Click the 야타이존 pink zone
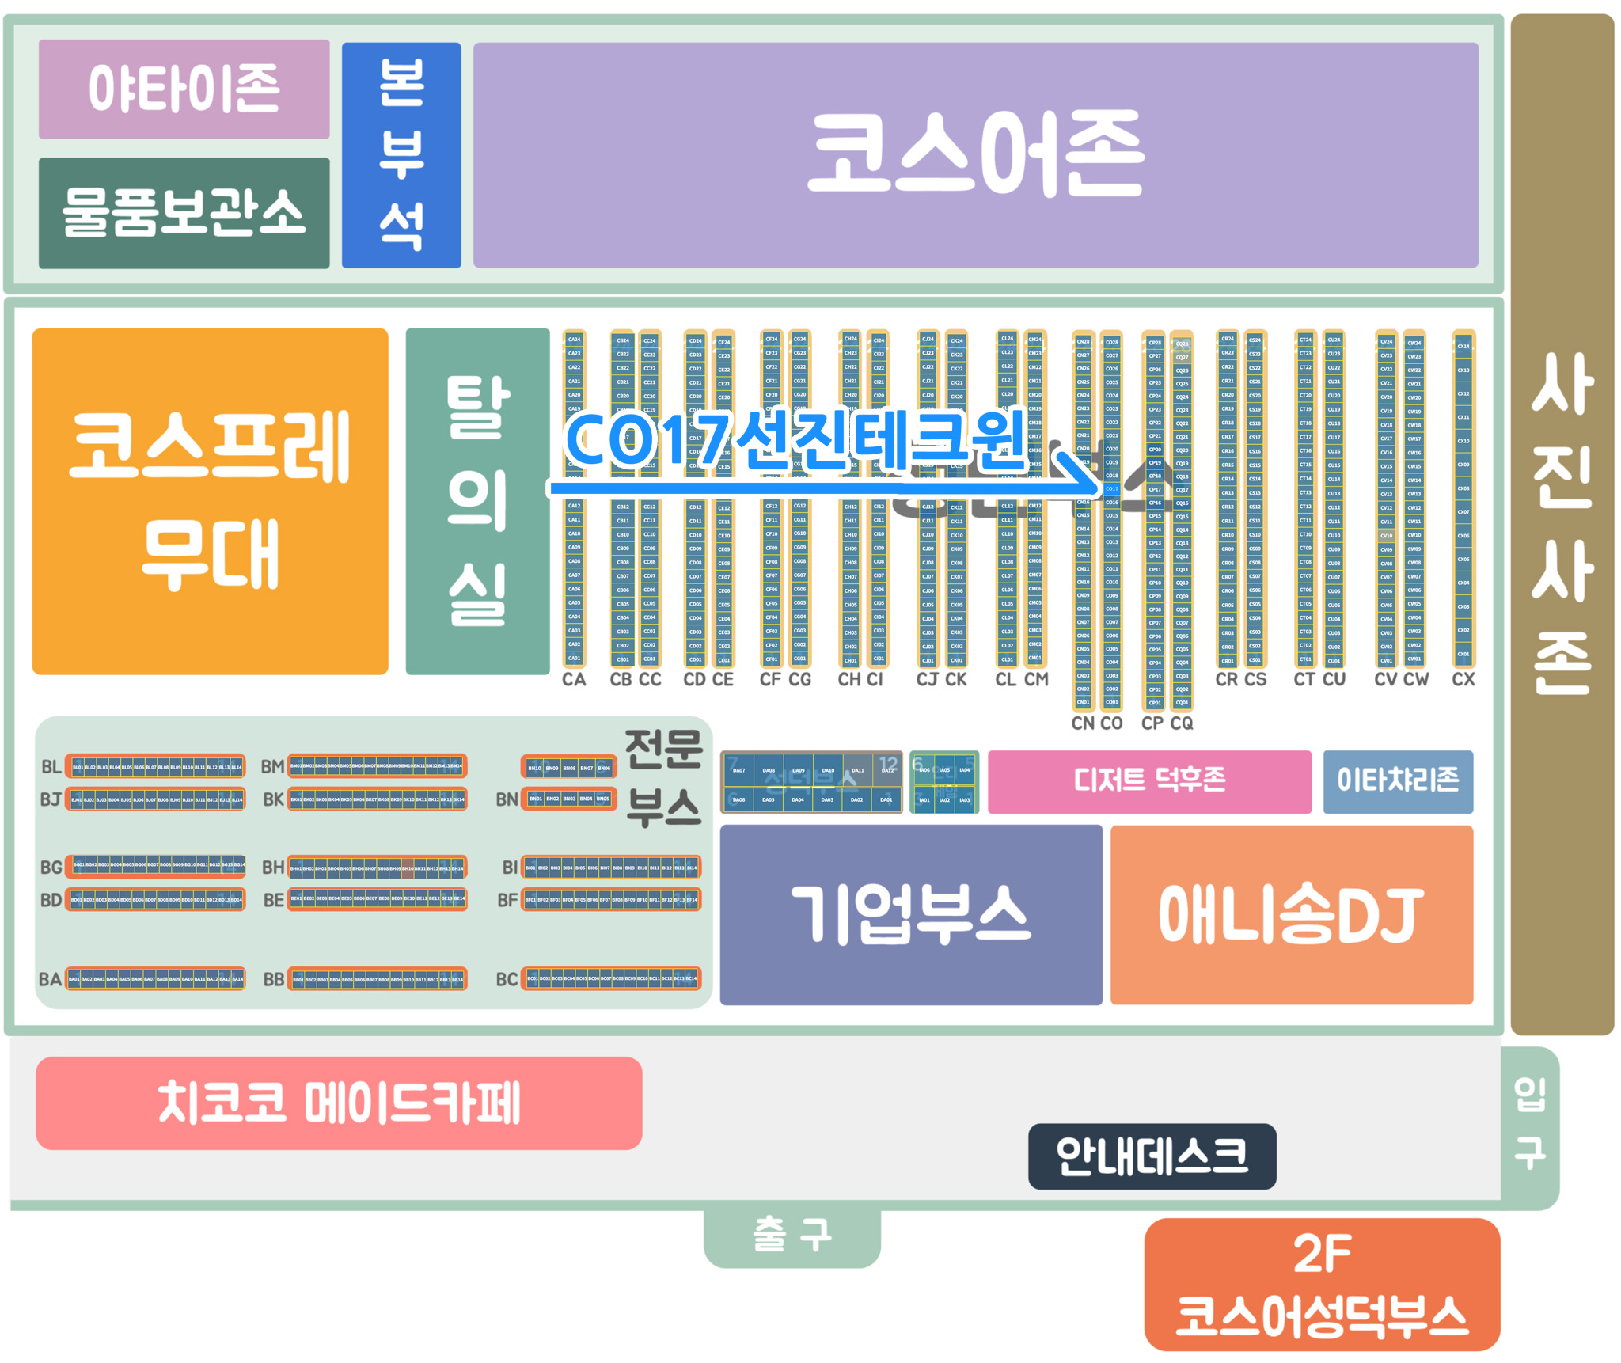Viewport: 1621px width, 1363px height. pos(184,89)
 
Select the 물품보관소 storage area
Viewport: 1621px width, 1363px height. pos(184,212)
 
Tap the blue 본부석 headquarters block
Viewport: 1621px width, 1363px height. pos(401,155)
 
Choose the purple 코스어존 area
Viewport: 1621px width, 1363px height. pos(975,155)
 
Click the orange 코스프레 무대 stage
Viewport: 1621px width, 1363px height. pos(210,501)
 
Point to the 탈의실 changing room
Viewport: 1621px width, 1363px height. pos(477,501)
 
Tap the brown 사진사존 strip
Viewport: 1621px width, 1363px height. pos(1561,522)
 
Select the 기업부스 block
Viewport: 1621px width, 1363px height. pos(910,914)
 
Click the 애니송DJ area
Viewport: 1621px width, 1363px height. pos(1291,914)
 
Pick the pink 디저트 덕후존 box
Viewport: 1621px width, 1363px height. pos(1149,781)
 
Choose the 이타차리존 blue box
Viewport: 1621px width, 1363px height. pos(1398,781)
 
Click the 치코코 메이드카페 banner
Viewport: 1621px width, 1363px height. pos(339,1103)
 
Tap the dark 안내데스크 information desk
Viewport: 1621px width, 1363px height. pos(1152,1156)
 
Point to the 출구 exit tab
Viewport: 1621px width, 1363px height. pos(792,1235)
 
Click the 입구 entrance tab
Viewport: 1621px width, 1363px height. pos(1530,1124)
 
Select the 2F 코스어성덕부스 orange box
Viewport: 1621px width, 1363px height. pos(1322,1284)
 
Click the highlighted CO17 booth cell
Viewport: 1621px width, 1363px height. pos(1112,489)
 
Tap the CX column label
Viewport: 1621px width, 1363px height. pos(1463,679)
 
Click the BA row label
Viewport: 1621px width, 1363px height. pos(50,980)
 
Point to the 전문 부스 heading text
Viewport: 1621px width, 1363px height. pos(663,778)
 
